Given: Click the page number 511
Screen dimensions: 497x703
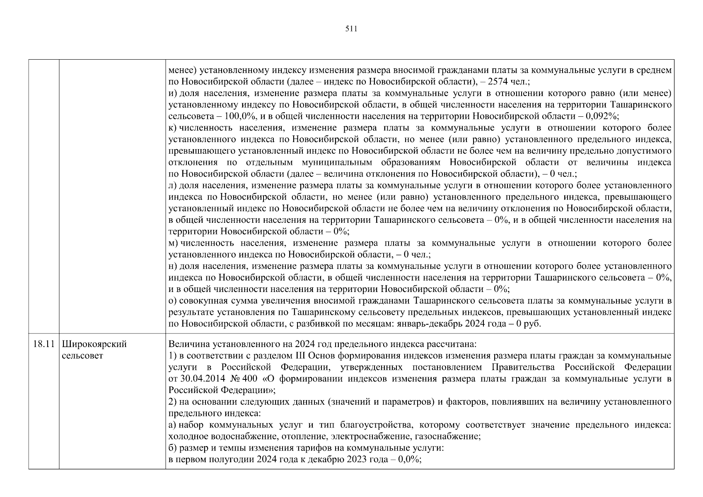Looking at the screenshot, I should [351, 29].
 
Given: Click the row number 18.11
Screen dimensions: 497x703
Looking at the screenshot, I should [44, 344].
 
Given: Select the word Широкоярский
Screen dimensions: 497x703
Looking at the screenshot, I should [94, 344].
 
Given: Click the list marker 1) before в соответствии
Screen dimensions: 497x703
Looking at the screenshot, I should [173, 356].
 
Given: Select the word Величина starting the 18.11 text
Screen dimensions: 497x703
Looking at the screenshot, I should [186, 344].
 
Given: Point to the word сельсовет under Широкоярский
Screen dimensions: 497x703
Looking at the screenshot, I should [82, 356].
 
